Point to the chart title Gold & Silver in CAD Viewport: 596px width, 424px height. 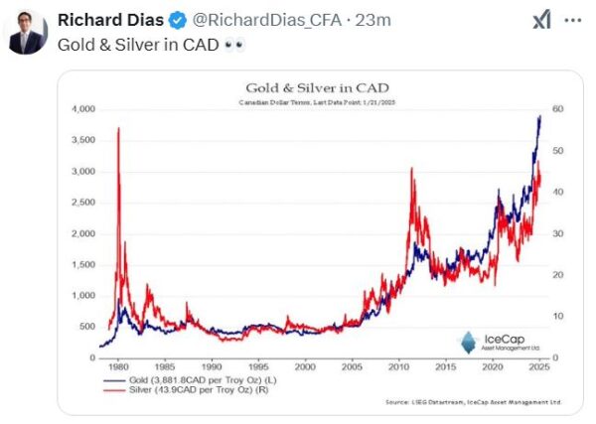(317, 86)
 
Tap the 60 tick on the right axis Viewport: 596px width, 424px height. (558, 108)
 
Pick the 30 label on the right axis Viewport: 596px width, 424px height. (558, 233)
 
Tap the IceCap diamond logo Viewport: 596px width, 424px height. (468, 341)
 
